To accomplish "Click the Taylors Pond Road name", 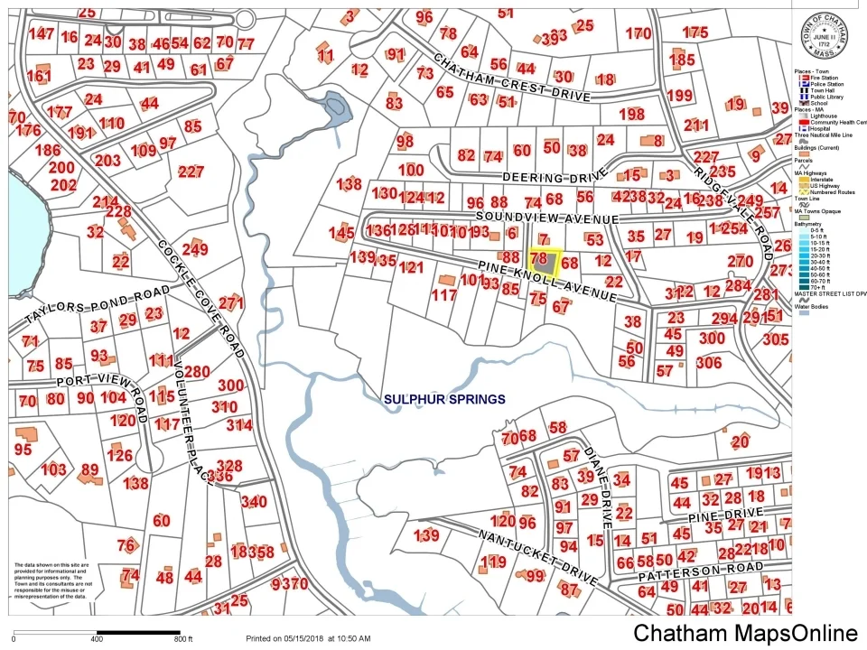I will (98, 304).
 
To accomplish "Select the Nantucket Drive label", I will (540, 555).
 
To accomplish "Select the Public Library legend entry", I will (826, 97).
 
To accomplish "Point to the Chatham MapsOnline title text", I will (745, 633).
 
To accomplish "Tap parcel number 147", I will (42, 34).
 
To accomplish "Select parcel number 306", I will (709, 362).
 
